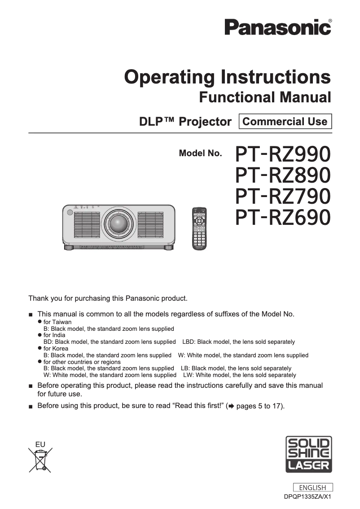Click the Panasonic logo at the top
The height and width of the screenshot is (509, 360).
tap(278, 27)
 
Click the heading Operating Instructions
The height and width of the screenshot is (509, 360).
tap(228, 77)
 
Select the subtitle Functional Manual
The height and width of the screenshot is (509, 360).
tap(265, 97)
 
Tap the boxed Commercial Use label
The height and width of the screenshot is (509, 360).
tap(285, 121)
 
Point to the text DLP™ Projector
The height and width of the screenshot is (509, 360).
tap(185, 122)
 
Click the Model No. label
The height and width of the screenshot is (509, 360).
tap(200, 153)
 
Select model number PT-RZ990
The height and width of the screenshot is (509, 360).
tap(283, 154)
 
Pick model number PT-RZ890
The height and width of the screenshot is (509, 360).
tap(283, 175)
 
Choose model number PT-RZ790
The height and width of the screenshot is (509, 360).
tap(283, 196)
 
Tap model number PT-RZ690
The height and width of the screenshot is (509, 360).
tap(283, 217)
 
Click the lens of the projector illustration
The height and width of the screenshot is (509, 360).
tap(118, 223)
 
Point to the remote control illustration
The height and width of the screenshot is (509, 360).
tap(199, 228)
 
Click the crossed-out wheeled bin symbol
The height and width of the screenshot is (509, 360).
tap(40, 459)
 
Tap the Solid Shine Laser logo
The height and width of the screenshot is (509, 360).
tap(309, 454)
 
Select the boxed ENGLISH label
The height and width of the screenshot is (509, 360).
tap(312, 487)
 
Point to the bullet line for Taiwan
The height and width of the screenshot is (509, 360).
tap(57, 322)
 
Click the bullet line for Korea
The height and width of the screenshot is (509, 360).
tap(56, 348)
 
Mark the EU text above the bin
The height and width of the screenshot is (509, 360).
tap(40, 444)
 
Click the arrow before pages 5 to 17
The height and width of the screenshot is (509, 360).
tap(231, 406)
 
